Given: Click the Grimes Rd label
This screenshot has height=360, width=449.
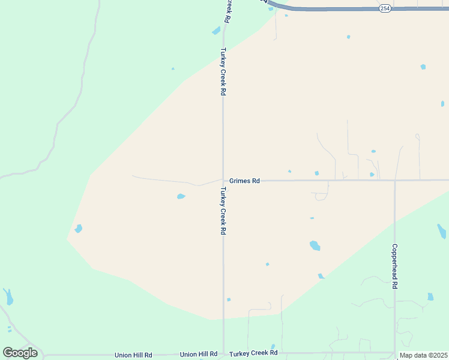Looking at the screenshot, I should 244,181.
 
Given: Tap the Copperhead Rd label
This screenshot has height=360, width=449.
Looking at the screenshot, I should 394,266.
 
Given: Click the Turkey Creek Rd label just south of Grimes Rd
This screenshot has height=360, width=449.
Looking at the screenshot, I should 223,211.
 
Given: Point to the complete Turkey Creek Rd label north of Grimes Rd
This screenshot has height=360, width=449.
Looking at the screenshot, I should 223,72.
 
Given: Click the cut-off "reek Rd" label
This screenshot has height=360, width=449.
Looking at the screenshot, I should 228,11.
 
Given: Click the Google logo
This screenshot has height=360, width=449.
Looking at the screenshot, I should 20,353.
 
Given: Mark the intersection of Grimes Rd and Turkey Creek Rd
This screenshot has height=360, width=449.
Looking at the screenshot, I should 223,180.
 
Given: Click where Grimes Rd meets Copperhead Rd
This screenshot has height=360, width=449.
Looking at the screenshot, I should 394,180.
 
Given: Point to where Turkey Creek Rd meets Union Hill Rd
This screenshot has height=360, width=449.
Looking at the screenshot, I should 223,353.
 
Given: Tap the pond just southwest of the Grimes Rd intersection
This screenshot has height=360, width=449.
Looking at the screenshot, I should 181,196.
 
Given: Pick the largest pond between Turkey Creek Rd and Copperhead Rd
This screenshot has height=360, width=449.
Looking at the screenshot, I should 315,245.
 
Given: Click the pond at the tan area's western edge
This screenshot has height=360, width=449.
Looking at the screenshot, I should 78,229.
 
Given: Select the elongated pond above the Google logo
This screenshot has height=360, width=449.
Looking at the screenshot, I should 8,296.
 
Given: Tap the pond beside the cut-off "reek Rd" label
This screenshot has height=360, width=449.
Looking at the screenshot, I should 216,31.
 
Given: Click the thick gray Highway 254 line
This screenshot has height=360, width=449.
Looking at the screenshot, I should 360,9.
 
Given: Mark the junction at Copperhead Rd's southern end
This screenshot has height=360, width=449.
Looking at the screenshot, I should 394,353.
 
